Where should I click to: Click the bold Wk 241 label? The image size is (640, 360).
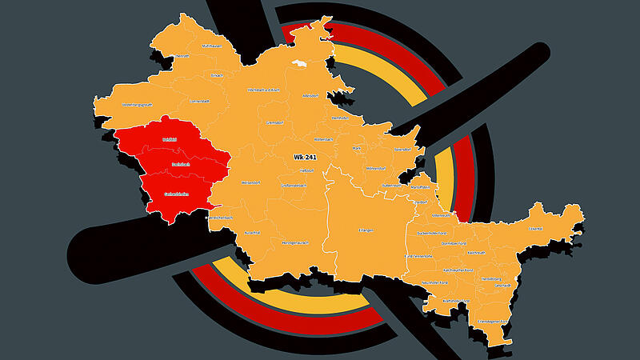coord(305,157)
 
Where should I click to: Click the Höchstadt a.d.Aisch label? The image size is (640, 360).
coord(266,90)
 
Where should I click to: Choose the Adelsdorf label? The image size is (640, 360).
coord(310,95)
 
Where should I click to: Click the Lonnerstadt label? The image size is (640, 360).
coord(200,102)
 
